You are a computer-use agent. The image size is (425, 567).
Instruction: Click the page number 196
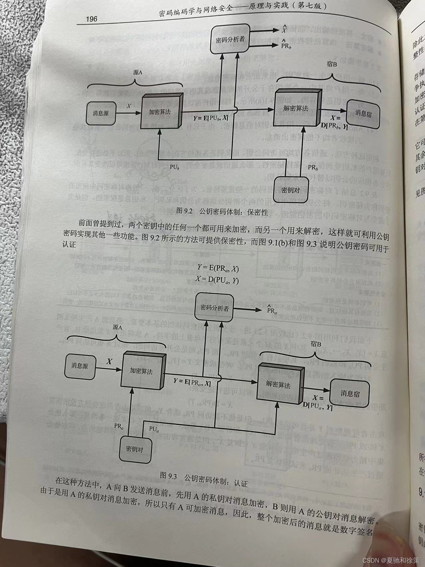click(x=91, y=19)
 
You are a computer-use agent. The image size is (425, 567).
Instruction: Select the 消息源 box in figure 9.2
click(x=101, y=113)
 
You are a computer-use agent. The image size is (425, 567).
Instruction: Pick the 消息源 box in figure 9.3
click(x=80, y=366)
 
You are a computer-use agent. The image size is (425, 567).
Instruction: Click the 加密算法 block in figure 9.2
click(x=160, y=112)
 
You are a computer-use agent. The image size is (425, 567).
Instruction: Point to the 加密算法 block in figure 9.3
click(x=141, y=371)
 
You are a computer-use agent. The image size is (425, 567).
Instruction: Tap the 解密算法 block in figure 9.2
click(x=296, y=109)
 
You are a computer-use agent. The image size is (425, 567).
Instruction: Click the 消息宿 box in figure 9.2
click(x=363, y=113)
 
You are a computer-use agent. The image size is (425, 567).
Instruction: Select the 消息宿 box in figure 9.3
click(x=350, y=393)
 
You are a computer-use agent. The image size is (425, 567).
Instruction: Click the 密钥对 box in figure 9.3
click(x=134, y=449)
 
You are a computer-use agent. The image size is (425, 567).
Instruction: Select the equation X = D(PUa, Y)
click(x=217, y=280)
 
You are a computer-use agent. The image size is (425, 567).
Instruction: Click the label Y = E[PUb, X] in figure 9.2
click(x=211, y=118)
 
